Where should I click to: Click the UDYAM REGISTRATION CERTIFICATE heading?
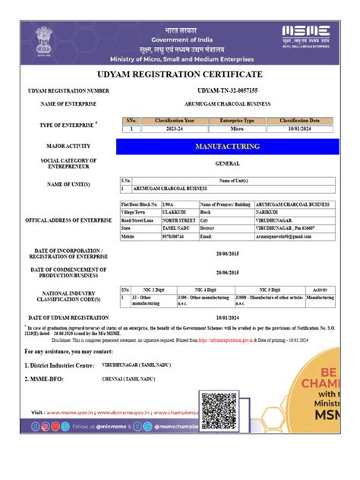pyautogui.click(x=180, y=74)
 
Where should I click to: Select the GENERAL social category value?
pyautogui.click(x=228, y=163)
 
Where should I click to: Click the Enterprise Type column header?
pyautogui.click(x=236, y=121)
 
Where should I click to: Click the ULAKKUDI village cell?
pyautogui.click(x=174, y=212)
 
